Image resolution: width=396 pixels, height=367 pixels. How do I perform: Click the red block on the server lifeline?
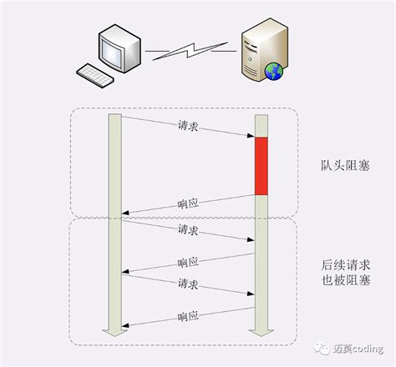[260, 166]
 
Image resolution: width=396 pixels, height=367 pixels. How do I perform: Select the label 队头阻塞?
[344, 166]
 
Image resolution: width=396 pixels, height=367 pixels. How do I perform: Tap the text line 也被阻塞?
[344, 281]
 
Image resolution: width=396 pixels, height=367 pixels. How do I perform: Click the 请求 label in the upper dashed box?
[188, 127]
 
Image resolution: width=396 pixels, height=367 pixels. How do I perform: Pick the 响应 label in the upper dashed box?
[188, 203]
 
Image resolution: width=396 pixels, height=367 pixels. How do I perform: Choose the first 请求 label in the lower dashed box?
[188, 229]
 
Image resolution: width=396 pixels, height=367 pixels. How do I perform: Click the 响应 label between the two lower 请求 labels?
[188, 261]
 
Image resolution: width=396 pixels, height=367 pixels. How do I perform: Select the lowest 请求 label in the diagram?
[188, 284]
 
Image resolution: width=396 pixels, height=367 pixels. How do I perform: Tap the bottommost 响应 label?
[188, 316]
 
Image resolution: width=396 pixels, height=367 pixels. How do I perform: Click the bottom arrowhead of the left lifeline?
[115, 331]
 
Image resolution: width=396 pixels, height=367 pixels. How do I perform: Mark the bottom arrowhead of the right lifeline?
[260, 331]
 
